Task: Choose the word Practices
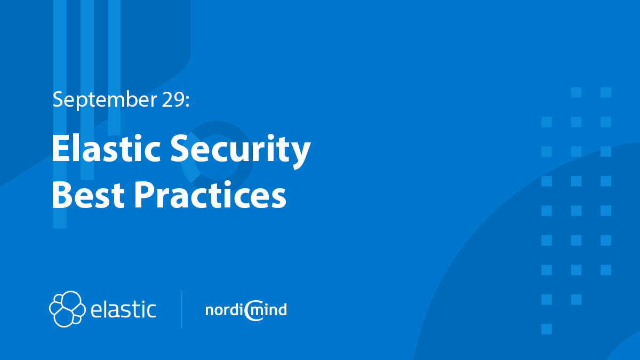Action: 210,195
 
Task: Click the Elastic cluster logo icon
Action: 67,308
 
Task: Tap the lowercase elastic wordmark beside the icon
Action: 123,309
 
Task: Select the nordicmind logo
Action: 246,310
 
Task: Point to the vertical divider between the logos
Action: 181,310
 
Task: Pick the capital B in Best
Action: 62,195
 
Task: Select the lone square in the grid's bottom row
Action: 546,329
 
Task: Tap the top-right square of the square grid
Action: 605,92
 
